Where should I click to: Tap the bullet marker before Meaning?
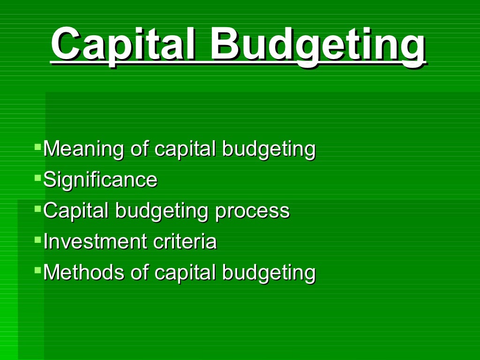(x=37, y=147)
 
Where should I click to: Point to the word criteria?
(x=185, y=242)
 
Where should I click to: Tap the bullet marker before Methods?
(x=37, y=270)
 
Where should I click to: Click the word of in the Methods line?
(x=139, y=273)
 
